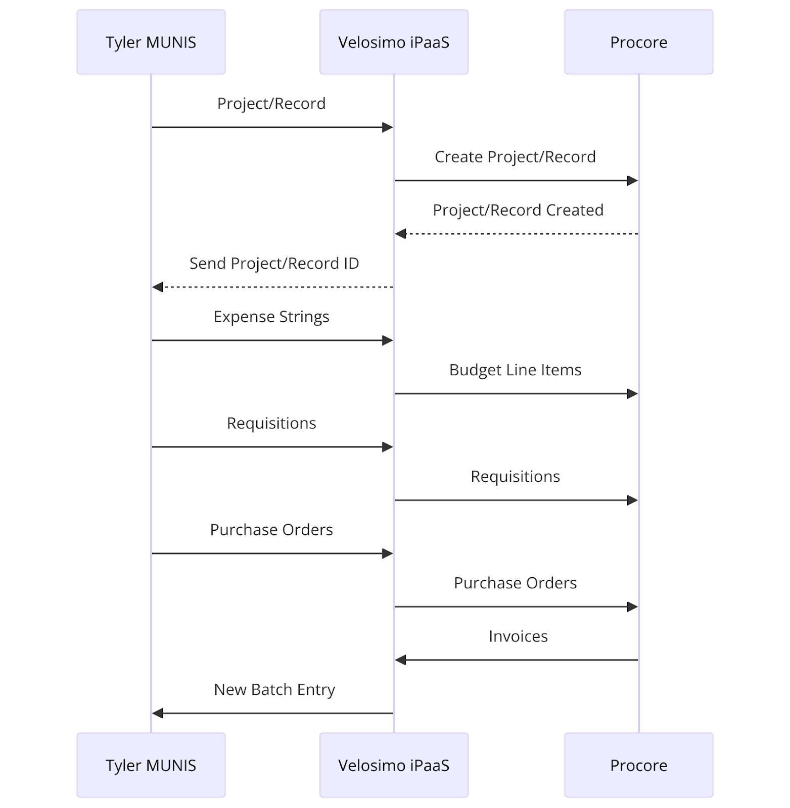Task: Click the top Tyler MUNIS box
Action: [x=151, y=42]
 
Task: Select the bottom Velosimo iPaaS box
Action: [x=394, y=765]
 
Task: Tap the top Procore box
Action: [x=638, y=42]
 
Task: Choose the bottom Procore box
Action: [x=638, y=765]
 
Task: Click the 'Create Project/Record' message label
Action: [x=515, y=157]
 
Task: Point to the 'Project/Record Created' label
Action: [x=518, y=210]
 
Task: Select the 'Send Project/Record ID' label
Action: [x=274, y=264]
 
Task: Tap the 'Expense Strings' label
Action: [x=271, y=317]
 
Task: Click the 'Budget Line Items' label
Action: [x=515, y=370]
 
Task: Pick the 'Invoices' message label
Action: [x=518, y=636]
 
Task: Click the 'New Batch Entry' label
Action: [x=274, y=690]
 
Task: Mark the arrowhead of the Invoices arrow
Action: [x=401, y=660]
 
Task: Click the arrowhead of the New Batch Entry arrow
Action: [x=158, y=713]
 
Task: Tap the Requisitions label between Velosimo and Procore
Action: [x=515, y=477]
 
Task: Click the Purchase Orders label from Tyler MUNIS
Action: [x=271, y=530]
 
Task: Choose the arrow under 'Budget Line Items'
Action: [x=515, y=393]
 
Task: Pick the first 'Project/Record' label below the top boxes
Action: [x=271, y=104]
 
